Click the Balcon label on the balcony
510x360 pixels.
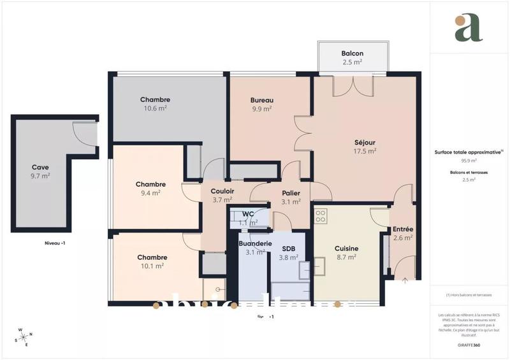pos(352,53)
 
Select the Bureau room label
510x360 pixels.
pos(261,100)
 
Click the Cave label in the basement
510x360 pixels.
pos(41,167)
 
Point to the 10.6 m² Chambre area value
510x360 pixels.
pos(155,108)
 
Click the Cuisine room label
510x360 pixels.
pos(346,248)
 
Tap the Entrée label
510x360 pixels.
pos(402,229)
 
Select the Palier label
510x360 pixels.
pos(291,194)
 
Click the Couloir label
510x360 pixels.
pos(223,191)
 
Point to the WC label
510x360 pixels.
pos(248,213)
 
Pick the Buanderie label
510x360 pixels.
pos(255,243)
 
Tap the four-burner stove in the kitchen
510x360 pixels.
pos(321,215)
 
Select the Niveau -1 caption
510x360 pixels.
pos(55,243)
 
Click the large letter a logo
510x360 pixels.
pos(469,28)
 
